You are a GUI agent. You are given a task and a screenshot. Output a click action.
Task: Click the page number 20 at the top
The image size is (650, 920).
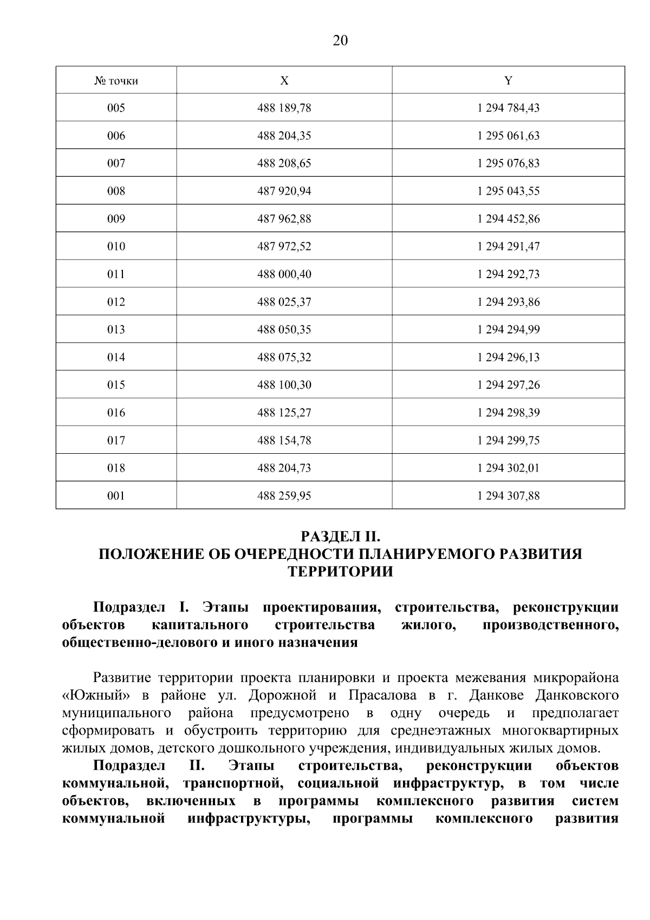(340, 41)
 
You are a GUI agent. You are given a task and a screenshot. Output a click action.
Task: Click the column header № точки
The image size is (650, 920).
(116, 81)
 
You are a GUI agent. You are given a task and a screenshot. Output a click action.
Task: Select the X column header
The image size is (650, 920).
(284, 81)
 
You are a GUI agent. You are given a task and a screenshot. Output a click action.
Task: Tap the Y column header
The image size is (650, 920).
(508, 81)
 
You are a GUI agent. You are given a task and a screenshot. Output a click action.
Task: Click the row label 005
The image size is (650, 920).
(116, 108)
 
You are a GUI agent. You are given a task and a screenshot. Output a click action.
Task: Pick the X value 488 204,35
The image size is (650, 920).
(284, 136)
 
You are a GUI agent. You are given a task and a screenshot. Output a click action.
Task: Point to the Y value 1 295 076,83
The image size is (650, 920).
(508, 163)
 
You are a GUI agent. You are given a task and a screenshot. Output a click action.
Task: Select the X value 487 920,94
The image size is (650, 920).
(284, 191)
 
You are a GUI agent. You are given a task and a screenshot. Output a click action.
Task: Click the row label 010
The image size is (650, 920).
(116, 246)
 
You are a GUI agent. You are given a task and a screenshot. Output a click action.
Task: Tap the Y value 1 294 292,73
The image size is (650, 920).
(508, 274)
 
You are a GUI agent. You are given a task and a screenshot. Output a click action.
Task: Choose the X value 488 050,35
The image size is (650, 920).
(284, 330)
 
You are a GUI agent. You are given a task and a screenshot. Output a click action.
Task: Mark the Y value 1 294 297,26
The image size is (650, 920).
(508, 385)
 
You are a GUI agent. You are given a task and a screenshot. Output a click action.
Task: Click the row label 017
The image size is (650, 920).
(116, 440)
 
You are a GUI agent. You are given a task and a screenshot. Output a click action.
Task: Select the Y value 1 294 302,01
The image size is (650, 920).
(508, 468)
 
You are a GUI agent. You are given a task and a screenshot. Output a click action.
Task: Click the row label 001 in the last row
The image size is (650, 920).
(116, 496)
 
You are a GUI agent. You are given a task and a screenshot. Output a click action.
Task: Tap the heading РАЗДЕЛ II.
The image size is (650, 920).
(340, 537)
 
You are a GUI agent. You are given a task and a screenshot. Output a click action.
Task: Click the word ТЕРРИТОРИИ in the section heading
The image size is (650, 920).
(340, 572)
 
